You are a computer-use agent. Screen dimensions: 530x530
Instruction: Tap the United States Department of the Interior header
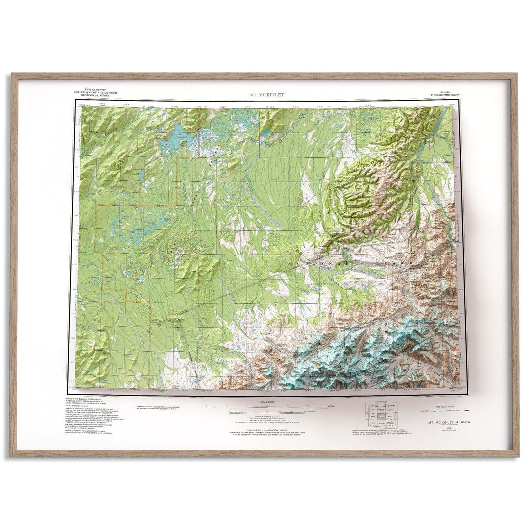pos(97,92)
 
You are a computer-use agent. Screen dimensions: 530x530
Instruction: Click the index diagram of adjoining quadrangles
pos(381,416)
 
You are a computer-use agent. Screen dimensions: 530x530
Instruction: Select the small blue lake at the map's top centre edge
pos(265,133)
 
